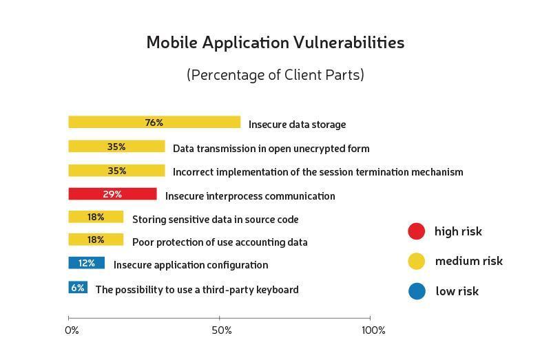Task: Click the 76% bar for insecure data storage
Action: coord(154,123)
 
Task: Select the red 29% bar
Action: coord(112,194)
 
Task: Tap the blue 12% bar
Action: coord(86,263)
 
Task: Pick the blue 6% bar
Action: coord(78,288)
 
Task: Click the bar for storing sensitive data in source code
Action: coord(96,217)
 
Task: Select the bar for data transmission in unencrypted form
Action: coord(116,147)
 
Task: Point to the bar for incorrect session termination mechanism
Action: coord(116,171)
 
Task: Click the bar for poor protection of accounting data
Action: coord(96,240)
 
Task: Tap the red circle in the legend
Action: coord(417,231)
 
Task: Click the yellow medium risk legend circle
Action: coord(417,261)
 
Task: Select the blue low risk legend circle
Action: coord(417,291)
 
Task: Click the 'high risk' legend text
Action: coord(458,231)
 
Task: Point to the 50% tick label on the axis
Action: coord(222,331)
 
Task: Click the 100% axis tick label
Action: coord(373,331)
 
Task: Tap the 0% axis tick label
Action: coord(72,331)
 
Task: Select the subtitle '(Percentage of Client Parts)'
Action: coord(275,75)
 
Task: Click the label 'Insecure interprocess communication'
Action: coord(250,196)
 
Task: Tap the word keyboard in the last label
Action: coord(275,290)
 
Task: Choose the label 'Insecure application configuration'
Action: coord(191,265)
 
